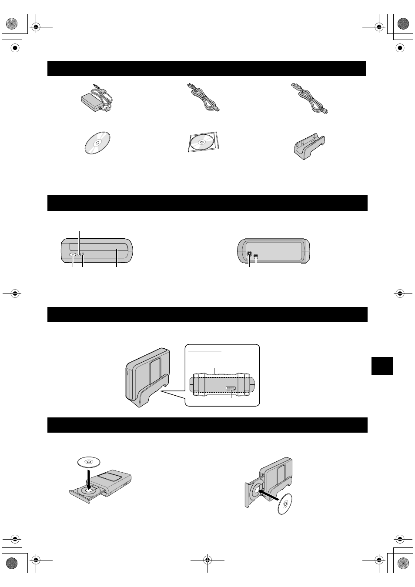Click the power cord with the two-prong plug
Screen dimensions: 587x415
coord(203,99)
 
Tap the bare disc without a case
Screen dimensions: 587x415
coord(97,143)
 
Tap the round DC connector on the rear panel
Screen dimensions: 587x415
coord(249,255)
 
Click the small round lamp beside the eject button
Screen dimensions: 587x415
coord(79,254)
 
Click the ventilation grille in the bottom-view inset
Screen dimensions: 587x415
coord(231,388)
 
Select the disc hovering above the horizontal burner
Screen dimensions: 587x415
coord(88,461)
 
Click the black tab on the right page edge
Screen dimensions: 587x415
coord(382,366)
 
